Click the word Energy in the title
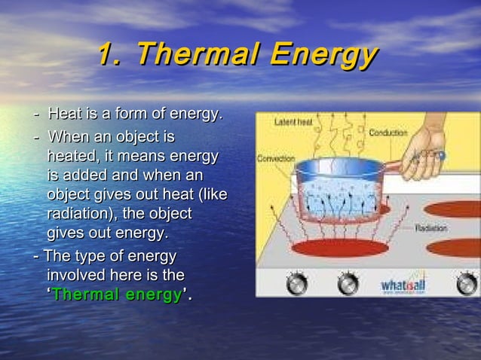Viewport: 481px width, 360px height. (x=323, y=56)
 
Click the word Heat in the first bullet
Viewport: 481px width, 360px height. (x=64, y=114)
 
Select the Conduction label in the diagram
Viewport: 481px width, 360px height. (x=388, y=133)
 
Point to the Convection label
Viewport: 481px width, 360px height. (x=276, y=159)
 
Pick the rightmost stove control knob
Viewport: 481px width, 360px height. (x=467, y=283)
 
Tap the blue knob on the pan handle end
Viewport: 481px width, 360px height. (x=442, y=156)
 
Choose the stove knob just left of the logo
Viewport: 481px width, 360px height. (x=348, y=283)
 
